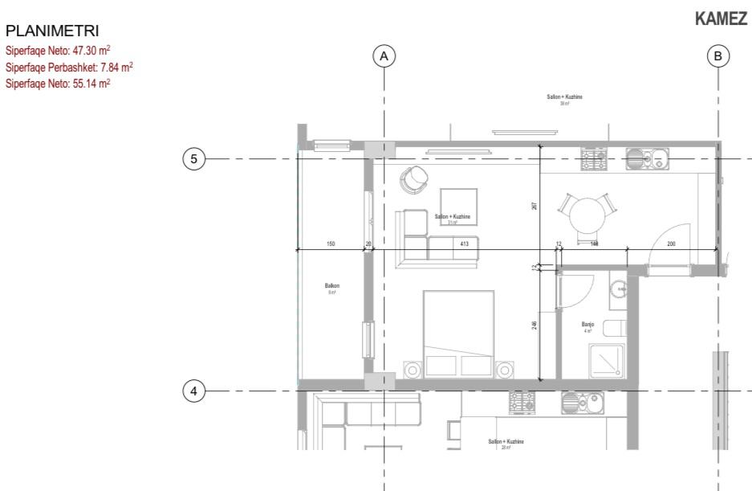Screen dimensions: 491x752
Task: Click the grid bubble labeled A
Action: (x=384, y=56)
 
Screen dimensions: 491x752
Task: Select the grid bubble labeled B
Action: (x=718, y=56)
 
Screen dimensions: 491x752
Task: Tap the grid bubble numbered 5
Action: (x=193, y=159)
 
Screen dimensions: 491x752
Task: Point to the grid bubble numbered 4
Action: (x=193, y=391)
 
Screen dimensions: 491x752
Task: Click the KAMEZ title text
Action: (x=721, y=20)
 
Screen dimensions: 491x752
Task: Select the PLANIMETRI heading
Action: (x=52, y=31)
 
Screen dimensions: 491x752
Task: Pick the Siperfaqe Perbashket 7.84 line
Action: (x=69, y=67)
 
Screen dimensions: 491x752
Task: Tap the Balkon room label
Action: (x=331, y=285)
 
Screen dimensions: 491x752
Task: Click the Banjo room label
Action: (x=587, y=325)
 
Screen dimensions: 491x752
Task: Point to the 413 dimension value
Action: (x=464, y=243)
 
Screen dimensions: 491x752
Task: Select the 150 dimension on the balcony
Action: (x=331, y=243)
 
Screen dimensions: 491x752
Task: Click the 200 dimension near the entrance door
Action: (x=671, y=243)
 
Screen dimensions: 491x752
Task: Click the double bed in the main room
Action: (x=458, y=334)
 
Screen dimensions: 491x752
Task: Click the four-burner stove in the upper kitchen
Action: (x=594, y=158)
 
